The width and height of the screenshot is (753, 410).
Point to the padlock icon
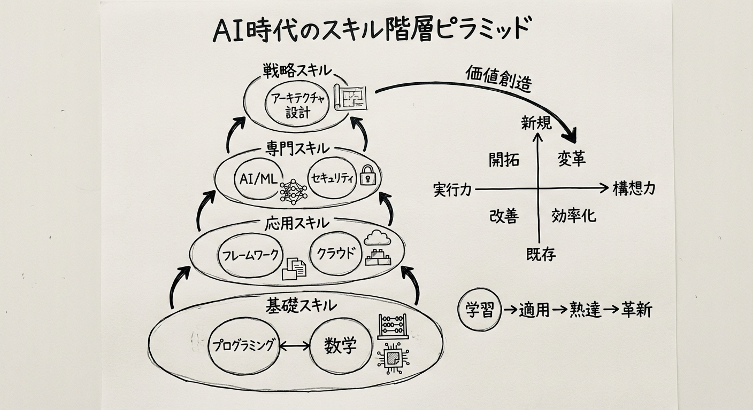(368, 175)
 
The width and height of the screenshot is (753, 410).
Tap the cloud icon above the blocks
(378, 238)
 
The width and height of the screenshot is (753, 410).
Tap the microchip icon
(394, 357)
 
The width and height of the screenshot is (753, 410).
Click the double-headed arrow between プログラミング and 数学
(295, 346)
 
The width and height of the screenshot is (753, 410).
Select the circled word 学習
(480, 310)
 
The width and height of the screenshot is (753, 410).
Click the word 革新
(636, 310)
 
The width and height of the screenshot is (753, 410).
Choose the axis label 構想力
(634, 188)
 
